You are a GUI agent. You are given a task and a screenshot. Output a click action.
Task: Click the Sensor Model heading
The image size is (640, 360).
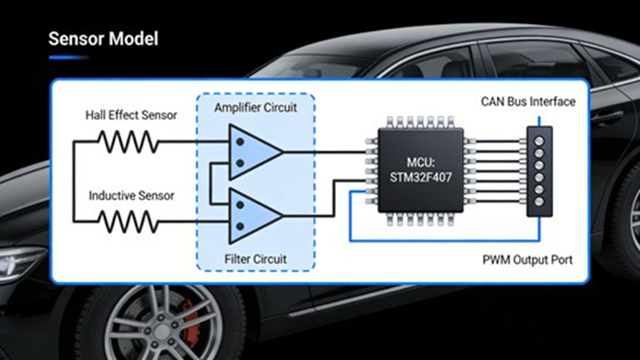(x=103, y=38)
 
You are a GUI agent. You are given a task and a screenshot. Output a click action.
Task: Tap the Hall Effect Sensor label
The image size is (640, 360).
(x=130, y=115)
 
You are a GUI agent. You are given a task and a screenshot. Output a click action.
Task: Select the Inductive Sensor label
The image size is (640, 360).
(x=132, y=196)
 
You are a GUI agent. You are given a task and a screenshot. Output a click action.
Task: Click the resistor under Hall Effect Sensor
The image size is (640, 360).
(x=128, y=141)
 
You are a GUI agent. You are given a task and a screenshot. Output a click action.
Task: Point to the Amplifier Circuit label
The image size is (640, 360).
(x=255, y=108)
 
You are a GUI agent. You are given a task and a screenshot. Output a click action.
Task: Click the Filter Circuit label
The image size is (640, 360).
(x=255, y=259)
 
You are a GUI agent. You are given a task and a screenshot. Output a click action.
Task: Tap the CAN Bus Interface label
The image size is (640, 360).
(x=528, y=102)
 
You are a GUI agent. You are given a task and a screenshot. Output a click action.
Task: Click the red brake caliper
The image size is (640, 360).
(x=192, y=328)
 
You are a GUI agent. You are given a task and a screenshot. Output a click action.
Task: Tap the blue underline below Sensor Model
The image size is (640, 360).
(x=68, y=57)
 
